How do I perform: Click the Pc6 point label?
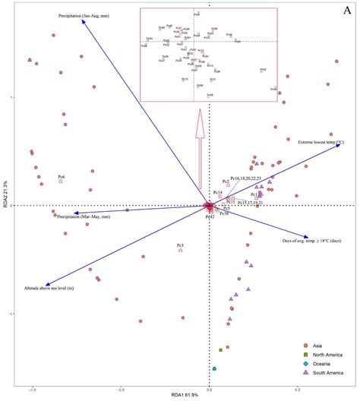click(61, 176)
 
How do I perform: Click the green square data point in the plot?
click(220, 350)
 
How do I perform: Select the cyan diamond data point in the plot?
click(215, 369)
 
